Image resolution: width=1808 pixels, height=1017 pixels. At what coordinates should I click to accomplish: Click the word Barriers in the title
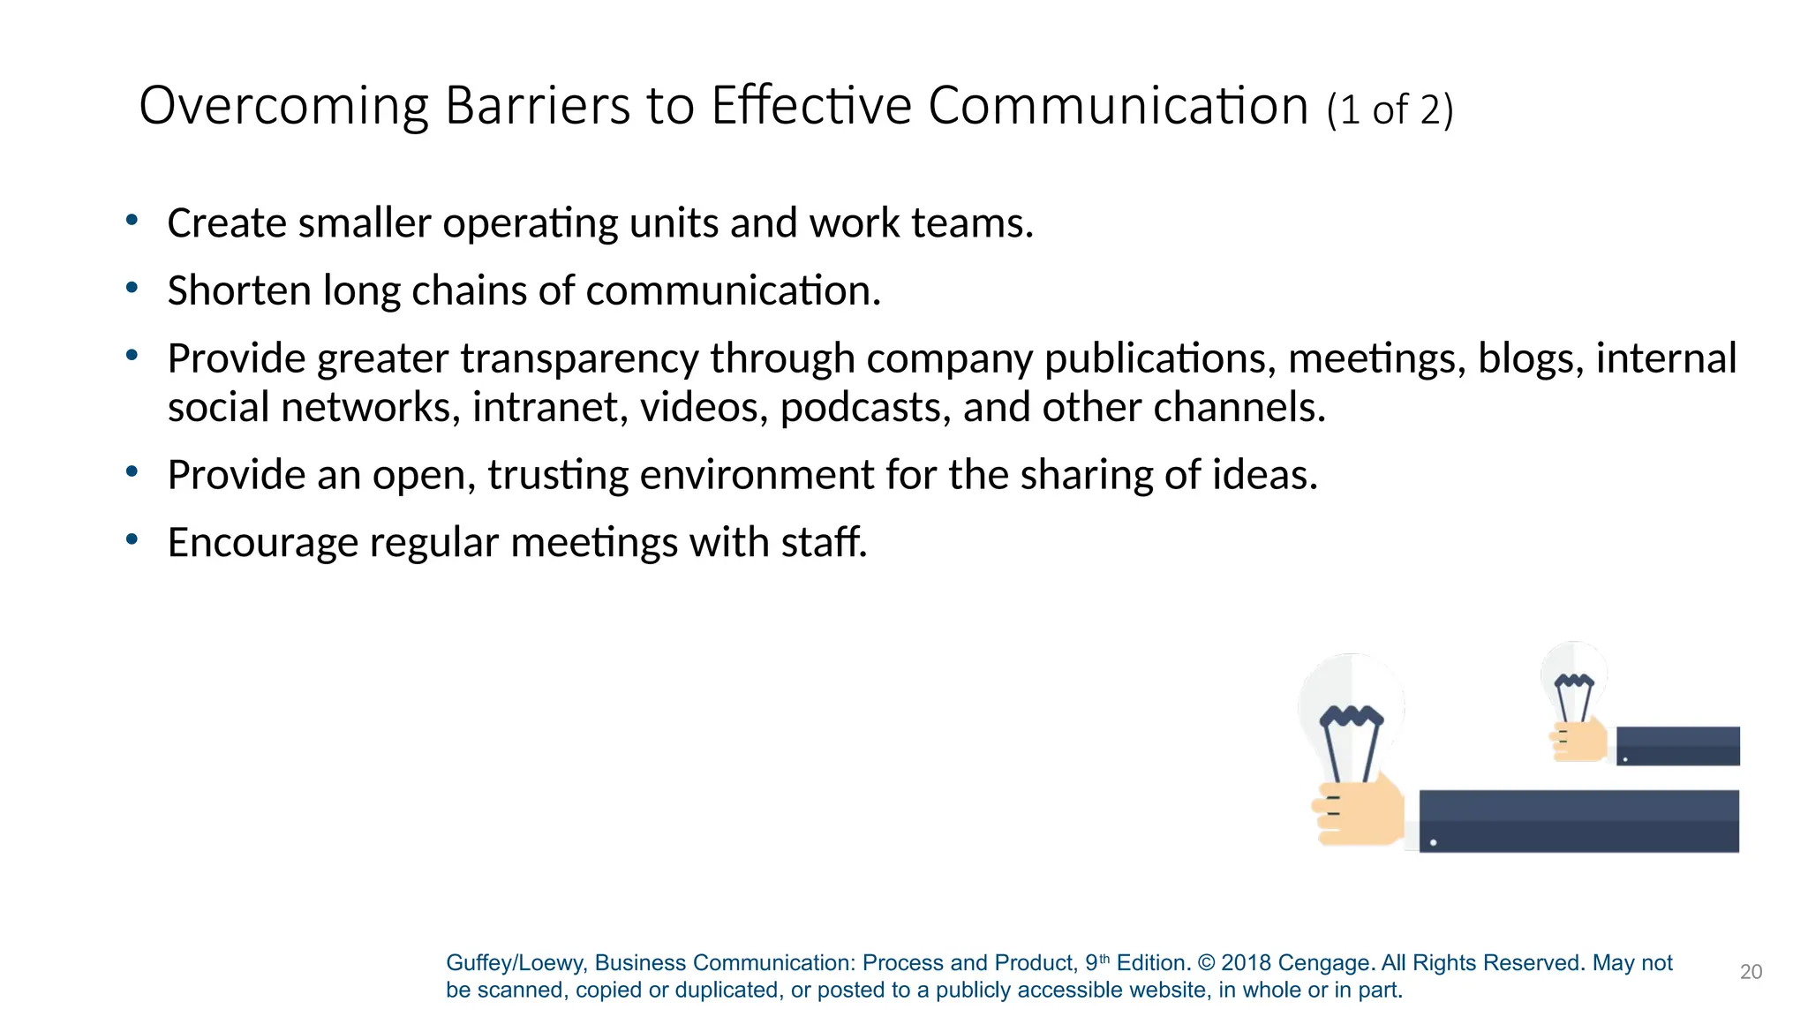click(538, 106)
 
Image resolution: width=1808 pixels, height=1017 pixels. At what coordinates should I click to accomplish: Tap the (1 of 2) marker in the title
click(1390, 110)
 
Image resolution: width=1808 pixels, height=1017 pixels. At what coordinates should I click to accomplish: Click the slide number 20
click(1751, 972)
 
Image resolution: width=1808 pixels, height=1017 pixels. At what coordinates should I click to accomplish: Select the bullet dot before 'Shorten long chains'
click(132, 288)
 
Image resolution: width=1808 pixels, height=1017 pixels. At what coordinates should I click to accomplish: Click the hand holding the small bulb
click(1580, 741)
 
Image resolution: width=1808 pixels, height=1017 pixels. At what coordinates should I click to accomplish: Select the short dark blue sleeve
click(1677, 746)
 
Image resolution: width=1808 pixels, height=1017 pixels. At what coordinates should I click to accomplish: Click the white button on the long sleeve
click(1433, 842)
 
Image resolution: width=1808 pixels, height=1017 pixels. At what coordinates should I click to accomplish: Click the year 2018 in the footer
click(1246, 963)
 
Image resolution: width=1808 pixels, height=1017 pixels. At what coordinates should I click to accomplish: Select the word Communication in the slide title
click(1118, 106)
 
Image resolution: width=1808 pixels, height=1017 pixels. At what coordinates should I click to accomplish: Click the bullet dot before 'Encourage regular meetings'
click(132, 539)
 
